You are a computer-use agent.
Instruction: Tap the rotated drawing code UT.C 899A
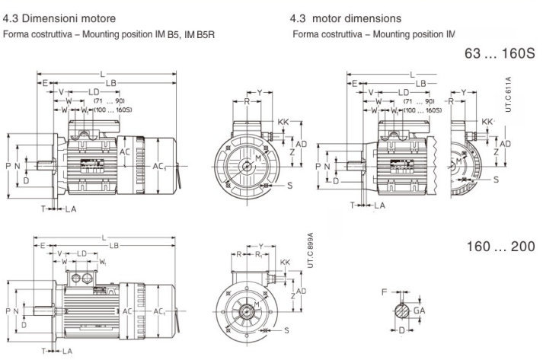(310, 249)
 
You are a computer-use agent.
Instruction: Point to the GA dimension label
(420, 311)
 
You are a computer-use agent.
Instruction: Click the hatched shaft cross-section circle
(401, 311)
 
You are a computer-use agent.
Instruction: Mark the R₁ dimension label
(260, 256)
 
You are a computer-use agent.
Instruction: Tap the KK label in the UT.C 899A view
(286, 263)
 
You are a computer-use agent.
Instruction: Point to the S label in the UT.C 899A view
(286, 329)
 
